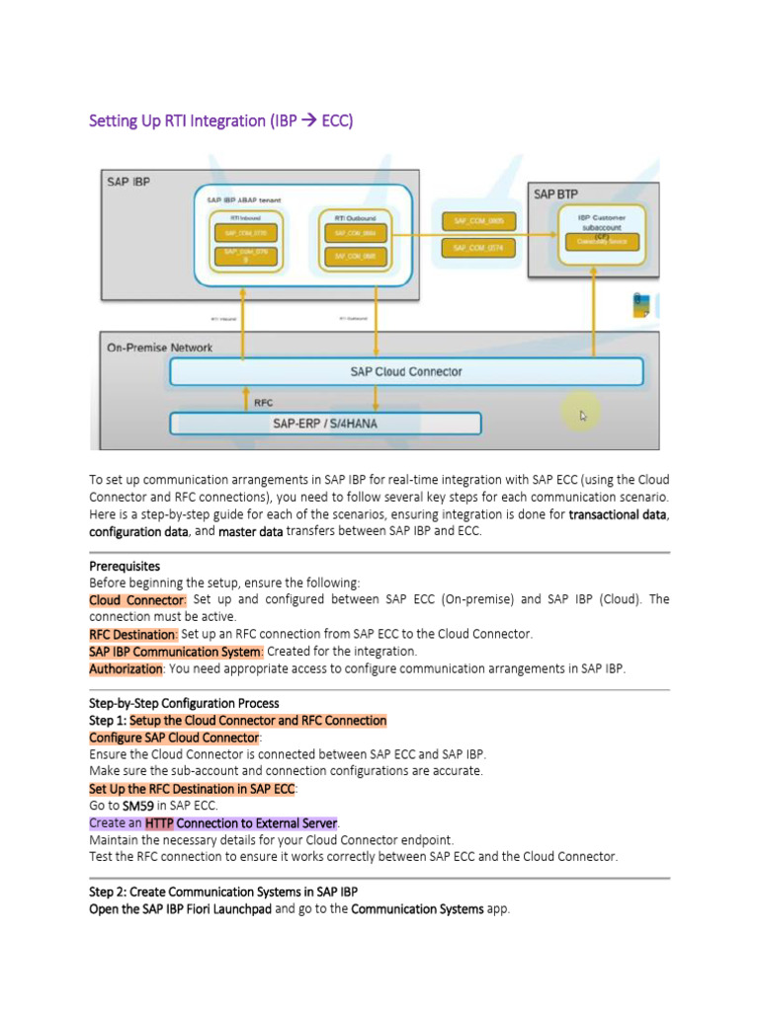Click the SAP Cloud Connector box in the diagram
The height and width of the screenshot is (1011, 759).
(406, 372)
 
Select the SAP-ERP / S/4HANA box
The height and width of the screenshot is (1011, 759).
(325, 424)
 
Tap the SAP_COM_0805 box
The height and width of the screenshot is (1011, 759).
(479, 221)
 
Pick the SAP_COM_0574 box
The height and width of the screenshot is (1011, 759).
(479, 248)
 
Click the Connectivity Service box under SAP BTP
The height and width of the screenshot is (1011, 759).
(602, 241)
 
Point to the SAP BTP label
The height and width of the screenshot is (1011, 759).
(555, 194)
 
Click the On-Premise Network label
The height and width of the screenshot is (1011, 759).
(159, 348)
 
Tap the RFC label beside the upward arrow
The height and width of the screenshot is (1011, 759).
(264, 403)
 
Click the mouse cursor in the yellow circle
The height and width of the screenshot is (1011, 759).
(582, 416)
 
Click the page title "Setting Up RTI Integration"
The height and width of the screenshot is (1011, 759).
(220, 121)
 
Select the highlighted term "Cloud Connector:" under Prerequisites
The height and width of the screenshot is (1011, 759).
(137, 599)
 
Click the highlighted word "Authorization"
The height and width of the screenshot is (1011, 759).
(126, 668)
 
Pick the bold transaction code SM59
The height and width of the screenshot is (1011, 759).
(140, 806)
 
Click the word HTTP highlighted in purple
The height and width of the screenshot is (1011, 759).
(159, 822)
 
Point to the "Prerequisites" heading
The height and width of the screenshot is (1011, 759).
(124, 566)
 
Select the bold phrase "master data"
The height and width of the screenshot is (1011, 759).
(250, 531)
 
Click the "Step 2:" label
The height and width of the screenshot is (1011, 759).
(108, 892)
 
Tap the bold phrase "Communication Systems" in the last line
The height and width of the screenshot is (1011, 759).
(417, 908)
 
